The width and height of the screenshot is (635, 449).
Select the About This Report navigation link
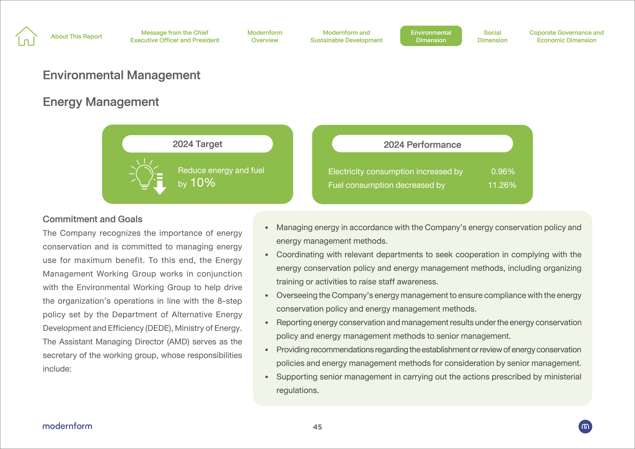pos(76,37)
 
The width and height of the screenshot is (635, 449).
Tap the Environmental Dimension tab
pos(431,36)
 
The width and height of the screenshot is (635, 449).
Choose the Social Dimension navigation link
pos(492,36)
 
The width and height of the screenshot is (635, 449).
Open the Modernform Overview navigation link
pos(265,36)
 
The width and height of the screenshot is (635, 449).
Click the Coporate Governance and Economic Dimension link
pos(566,36)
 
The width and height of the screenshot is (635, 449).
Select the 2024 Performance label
pos(422,144)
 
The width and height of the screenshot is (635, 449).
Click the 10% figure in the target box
pos(203,183)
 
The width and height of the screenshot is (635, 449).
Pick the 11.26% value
pos(502,185)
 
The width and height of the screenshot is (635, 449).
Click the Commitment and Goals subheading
pos(92,219)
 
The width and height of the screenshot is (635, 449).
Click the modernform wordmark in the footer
pos(67,426)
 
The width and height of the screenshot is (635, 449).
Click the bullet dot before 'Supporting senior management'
pos(267,377)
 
